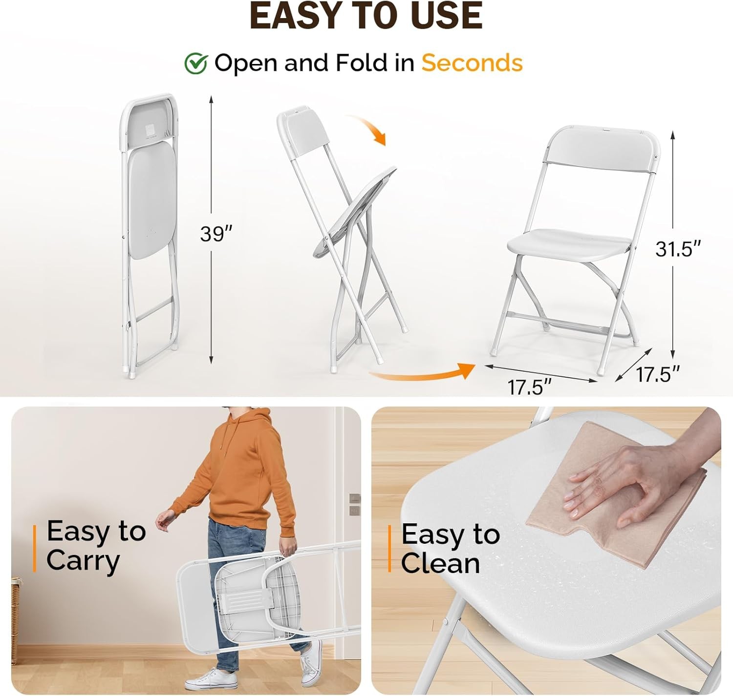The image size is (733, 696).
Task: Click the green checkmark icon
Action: click(x=196, y=63)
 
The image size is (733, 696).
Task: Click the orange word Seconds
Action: click(x=472, y=63)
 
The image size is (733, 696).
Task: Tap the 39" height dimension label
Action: click(x=216, y=234)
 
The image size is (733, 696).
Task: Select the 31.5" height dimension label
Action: click(x=677, y=249)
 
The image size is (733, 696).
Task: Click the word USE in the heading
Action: click(x=446, y=16)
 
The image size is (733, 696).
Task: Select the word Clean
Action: click(x=440, y=564)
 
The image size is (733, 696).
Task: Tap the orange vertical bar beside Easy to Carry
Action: click(x=35, y=548)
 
